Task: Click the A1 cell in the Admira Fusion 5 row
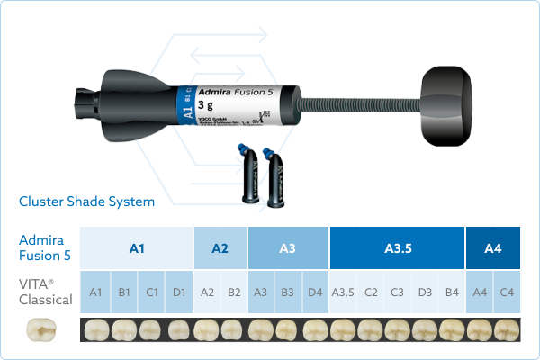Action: pos(137,247)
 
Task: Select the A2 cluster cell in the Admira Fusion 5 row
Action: pos(220,247)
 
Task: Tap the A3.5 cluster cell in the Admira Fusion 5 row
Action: pos(398,247)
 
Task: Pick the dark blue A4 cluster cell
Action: pos(493,247)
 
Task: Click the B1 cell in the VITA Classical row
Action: pos(123,292)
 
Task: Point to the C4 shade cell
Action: pos(507,292)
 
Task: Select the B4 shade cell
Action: pos(452,292)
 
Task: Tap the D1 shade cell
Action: pos(178,292)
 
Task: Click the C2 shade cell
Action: pos(370,292)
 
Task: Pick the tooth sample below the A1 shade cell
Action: pos(96,329)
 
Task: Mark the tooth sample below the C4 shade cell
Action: pos(507,329)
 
